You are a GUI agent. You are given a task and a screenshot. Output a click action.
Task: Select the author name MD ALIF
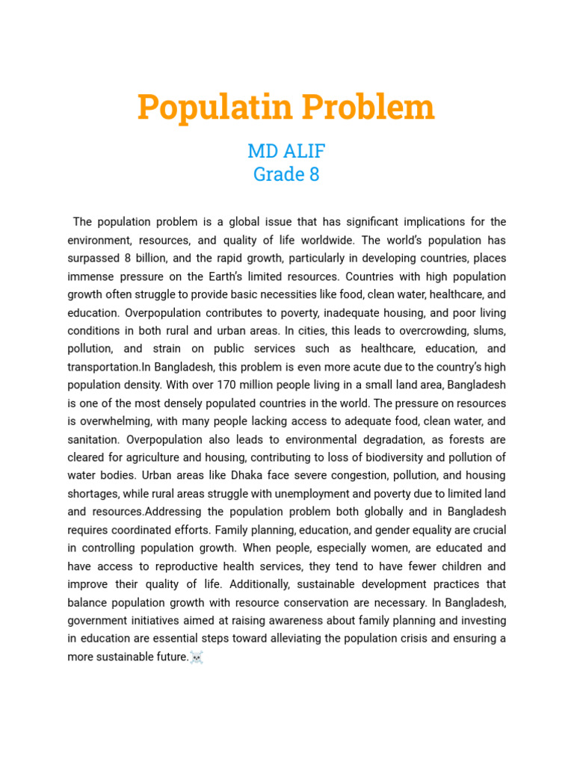(x=286, y=152)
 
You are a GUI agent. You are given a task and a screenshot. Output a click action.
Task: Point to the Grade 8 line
(x=286, y=175)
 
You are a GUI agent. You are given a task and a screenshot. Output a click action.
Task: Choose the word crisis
(x=419, y=638)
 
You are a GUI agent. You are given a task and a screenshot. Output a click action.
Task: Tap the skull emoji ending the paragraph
(x=197, y=657)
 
